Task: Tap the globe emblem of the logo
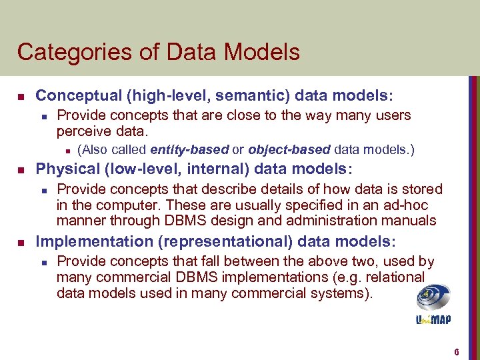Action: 433,297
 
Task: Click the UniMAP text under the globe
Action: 433,319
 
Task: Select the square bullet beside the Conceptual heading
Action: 21,97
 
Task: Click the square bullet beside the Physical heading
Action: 21,168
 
